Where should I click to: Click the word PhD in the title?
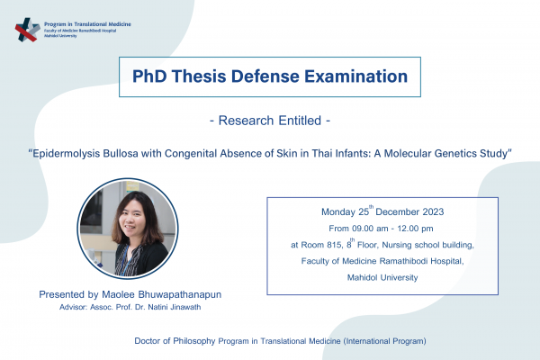tap(154, 76)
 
